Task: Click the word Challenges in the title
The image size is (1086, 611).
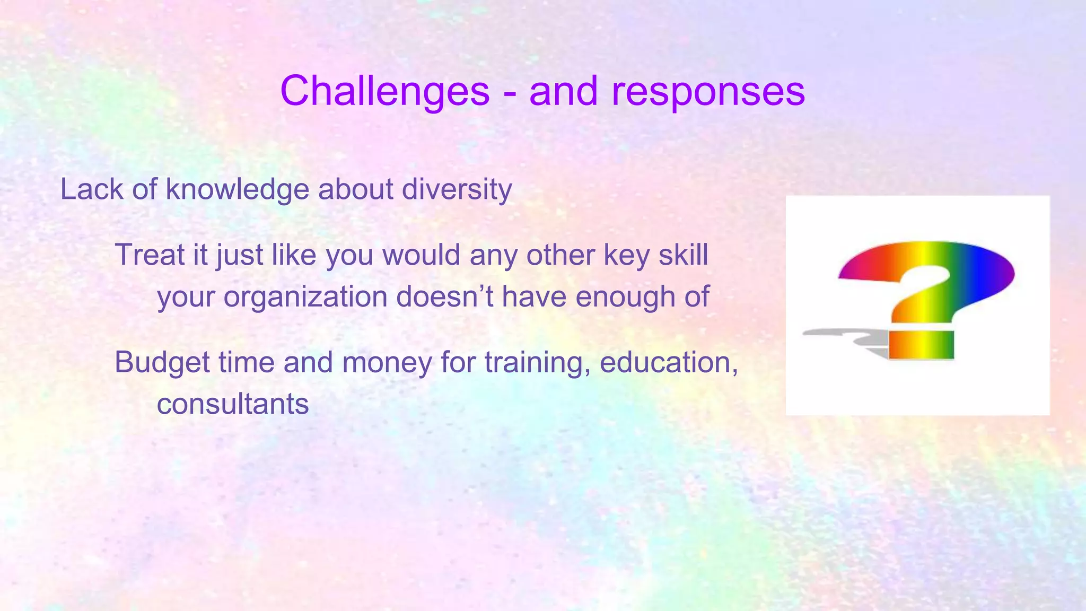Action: pyautogui.click(x=384, y=91)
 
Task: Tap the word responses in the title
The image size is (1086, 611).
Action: pyautogui.click(x=708, y=91)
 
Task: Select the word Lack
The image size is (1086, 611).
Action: pyautogui.click(x=92, y=189)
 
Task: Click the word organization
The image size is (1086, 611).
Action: pyautogui.click(x=305, y=298)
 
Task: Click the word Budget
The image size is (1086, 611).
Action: pyautogui.click(x=162, y=363)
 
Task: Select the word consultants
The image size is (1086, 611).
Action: pyautogui.click(x=232, y=405)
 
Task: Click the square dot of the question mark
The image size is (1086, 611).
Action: pyautogui.click(x=922, y=345)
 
